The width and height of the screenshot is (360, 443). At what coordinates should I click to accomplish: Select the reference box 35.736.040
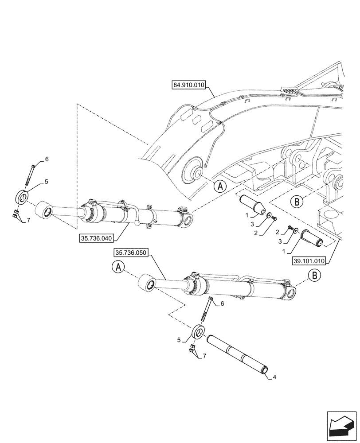tap(96, 238)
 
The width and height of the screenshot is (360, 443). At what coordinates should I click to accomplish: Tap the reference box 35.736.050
tap(131, 253)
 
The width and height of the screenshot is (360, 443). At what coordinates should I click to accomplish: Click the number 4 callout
tap(275, 377)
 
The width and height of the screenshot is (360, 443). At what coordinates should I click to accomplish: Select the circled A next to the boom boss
tap(219, 186)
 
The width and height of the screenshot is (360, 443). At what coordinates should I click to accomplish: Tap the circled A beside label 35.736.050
tap(118, 268)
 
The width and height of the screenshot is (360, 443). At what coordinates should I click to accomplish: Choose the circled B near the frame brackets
tap(298, 202)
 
